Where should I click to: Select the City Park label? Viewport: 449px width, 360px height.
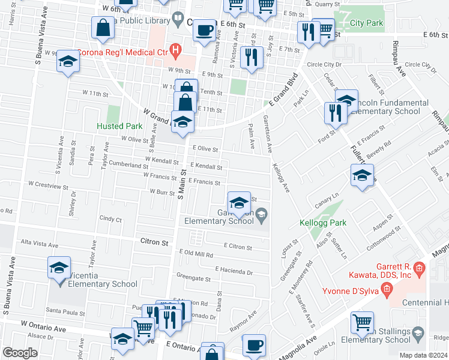(x=366, y=23)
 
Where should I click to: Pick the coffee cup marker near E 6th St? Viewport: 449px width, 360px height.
(x=205, y=29)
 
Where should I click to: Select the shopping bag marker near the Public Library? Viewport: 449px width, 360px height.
(x=103, y=28)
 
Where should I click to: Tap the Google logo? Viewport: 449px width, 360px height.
(x=20, y=352)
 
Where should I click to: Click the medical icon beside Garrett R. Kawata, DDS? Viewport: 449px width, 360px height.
(x=420, y=268)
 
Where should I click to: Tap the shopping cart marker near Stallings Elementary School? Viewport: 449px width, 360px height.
(x=362, y=323)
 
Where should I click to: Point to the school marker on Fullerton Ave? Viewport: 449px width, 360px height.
(x=362, y=177)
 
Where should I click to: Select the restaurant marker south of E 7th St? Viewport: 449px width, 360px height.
(x=250, y=58)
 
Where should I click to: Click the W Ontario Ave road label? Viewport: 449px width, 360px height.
(x=43, y=328)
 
